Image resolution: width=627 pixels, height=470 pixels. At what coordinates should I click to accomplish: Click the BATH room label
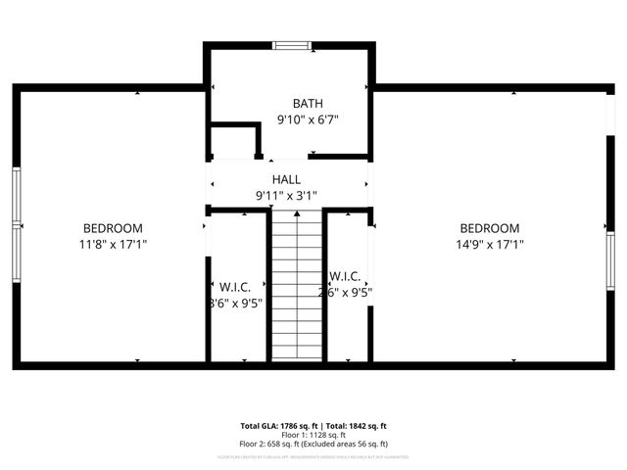[307, 104]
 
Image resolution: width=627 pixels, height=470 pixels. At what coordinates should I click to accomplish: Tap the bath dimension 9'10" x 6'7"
[307, 120]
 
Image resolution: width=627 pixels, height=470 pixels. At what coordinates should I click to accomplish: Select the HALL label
[286, 180]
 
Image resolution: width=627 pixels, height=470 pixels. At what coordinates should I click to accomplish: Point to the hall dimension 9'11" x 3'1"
[286, 196]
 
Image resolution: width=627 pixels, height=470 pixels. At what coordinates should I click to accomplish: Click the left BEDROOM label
[113, 228]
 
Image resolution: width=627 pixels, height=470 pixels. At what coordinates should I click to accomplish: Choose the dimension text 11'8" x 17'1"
[113, 244]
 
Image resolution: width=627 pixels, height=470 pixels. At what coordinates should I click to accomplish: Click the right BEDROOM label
[490, 228]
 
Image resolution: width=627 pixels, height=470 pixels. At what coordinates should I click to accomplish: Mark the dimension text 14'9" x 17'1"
[490, 244]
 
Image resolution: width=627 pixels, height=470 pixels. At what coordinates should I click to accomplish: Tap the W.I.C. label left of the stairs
[235, 287]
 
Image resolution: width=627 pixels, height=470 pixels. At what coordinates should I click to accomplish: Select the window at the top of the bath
[292, 44]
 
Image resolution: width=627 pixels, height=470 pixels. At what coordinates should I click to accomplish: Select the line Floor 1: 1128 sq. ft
[313, 435]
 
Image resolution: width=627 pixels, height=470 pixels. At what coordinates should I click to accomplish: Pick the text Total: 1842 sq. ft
[356, 426]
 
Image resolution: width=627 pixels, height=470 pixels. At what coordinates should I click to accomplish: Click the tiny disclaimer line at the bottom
[313, 456]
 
